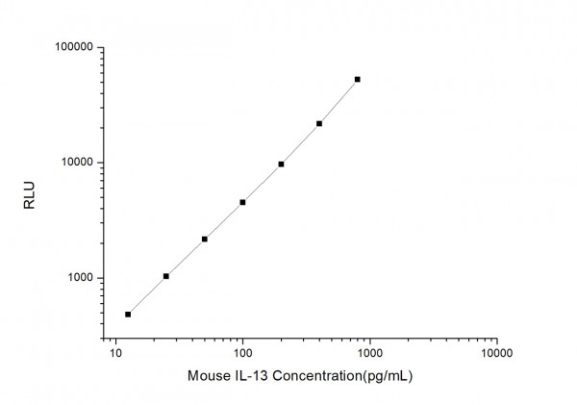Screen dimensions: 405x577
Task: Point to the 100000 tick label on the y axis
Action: [x=72, y=47]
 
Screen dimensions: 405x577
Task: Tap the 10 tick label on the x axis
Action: [x=116, y=353]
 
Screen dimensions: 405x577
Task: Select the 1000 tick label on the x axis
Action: [x=369, y=353]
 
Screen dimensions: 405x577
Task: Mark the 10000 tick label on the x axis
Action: [x=496, y=353]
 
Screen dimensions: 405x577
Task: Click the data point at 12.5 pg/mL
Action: [x=128, y=315]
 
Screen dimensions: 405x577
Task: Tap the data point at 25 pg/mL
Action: [x=166, y=276]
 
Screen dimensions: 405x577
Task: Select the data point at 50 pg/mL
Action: [x=205, y=239]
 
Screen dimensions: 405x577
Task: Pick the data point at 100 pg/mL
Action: [x=242, y=202]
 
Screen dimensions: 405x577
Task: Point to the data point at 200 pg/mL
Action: [x=281, y=164]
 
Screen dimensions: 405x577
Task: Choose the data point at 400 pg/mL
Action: [x=319, y=123]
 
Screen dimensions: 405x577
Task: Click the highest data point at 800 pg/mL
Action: [x=357, y=79]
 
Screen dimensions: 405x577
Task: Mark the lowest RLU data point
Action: [x=128, y=315]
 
